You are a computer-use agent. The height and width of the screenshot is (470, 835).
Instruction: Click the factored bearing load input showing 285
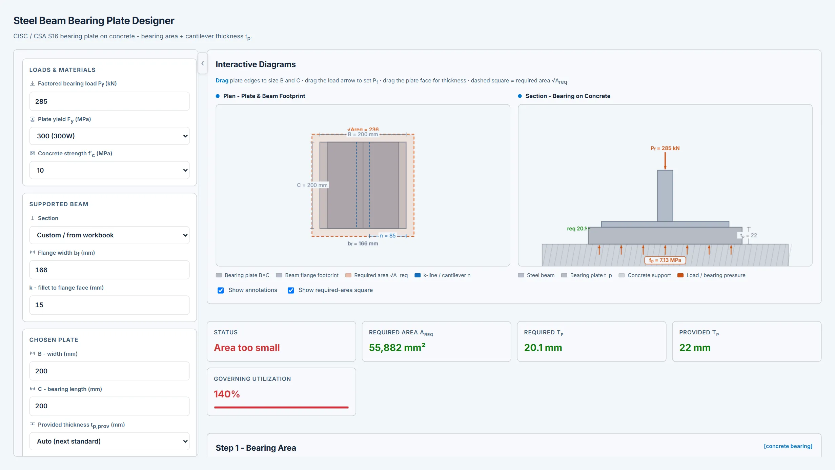[x=109, y=101]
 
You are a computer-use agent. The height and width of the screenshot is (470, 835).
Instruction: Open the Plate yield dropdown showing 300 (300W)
[x=109, y=136]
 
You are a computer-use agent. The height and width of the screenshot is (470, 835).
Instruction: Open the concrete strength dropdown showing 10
[x=109, y=170]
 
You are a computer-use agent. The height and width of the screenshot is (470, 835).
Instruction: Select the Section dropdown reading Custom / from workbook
[x=109, y=235]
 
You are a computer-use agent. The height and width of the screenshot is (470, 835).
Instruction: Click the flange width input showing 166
[x=109, y=270]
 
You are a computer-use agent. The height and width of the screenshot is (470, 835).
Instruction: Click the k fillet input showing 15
[x=109, y=305]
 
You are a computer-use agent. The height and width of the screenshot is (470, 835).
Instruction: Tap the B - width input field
[x=109, y=371]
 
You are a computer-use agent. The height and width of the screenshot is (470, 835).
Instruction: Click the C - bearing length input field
[x=109, y=406]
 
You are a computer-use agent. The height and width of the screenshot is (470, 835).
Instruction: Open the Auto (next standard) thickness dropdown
[x=109, y=441]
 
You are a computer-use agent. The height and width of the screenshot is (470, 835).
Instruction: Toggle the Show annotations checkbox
[x=221, y=290]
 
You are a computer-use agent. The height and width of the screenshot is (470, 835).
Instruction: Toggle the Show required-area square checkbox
[x=291, y=290]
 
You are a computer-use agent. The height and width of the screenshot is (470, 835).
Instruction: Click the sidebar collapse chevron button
[x=203, y=63]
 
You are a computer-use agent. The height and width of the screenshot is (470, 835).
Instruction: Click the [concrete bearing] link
[x=788, y=446]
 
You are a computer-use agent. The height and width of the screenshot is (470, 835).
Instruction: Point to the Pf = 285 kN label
[x=665, y=148]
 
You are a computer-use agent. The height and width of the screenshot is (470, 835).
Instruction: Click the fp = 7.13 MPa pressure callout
[x=665, y=260]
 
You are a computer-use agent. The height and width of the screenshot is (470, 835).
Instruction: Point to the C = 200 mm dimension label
[x=312, y=185]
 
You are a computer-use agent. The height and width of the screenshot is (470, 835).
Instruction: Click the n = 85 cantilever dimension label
[x=388, y=236]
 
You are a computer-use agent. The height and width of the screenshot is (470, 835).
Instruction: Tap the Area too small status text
[x=247, y=348]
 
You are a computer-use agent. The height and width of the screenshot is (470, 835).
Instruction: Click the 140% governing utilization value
[x=227, y=394]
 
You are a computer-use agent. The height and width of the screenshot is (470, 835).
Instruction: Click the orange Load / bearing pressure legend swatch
[x=680, y=275]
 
